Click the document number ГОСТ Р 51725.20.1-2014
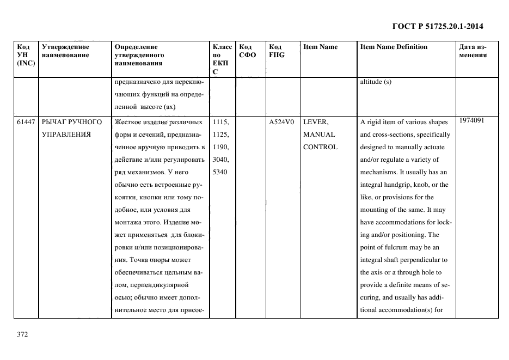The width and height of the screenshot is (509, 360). (437, 26)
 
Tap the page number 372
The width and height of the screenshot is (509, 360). (22, 334)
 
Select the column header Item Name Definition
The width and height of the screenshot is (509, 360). (394, 47)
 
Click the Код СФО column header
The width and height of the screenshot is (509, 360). (248, 51)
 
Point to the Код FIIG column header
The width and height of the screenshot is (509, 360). (277, 51)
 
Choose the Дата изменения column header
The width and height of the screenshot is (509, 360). (473, 51)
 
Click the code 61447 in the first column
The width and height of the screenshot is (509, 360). (26, 122)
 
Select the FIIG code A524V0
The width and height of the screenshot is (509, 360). (281, 122)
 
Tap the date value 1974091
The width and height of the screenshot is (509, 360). (471, 120)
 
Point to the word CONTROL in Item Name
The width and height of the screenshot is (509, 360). (320, 147)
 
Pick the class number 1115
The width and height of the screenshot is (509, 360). (220, 122)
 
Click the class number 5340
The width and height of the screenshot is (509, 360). (219, 172)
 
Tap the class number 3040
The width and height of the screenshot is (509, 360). (220, 160)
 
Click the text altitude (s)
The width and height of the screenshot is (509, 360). (376, 82)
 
